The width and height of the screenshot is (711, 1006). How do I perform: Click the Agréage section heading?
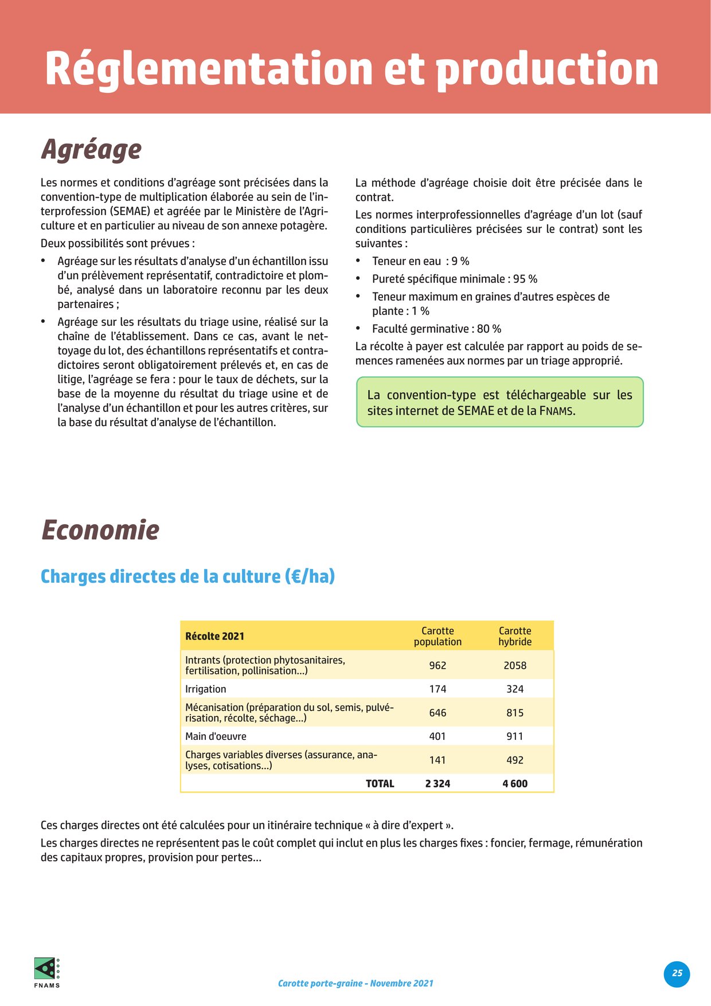[91, 150]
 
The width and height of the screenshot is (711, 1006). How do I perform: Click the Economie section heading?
[100, 530]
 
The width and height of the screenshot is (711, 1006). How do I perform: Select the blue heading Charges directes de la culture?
[187, 576]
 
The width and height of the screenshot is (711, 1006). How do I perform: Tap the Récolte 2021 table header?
[214, 636]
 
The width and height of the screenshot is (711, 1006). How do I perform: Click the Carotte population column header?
[437, 636]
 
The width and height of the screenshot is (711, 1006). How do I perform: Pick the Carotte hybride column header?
[515, 636]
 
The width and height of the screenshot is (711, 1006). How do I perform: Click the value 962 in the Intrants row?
[437, 665]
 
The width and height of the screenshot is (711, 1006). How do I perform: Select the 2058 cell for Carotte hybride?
[515, 665]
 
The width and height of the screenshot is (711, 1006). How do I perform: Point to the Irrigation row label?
[205, 689]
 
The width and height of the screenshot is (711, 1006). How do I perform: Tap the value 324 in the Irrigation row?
[515, 689]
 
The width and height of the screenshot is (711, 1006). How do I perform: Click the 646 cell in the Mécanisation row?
[437, 713]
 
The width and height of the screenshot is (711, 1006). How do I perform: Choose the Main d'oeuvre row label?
[216, 736]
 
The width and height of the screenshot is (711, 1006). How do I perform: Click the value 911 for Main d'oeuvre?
[515, 736]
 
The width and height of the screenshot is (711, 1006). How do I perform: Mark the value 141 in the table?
[437, 760]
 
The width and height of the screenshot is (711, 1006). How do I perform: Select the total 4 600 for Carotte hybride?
[515, 783]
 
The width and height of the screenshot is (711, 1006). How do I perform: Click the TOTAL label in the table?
[380, 783]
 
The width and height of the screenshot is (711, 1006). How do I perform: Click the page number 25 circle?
[677, 973]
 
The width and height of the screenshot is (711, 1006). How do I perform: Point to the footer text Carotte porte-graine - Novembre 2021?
[355, 983]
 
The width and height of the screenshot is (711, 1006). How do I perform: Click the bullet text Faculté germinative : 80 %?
[436, 329]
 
